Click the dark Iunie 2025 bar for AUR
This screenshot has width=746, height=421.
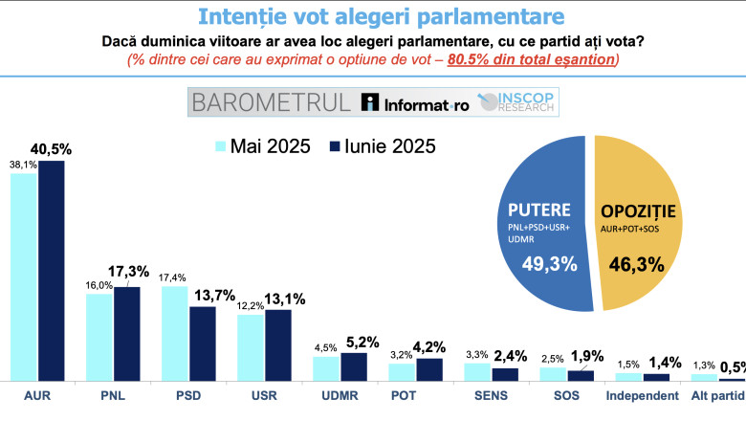tap(51, 272)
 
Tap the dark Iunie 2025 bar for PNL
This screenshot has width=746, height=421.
tap(126, 334)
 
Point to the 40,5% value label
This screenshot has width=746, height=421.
tap(53, 149)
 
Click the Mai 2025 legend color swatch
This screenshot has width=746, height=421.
tap(220, 147)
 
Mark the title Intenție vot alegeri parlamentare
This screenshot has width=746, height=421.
tap(373, 16)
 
